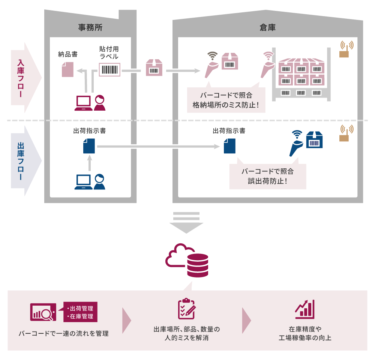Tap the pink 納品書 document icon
(67, 69)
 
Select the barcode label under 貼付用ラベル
(109, 70)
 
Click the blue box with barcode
(314, 140)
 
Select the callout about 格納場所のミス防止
(226, 100)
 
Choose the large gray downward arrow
(186, 223)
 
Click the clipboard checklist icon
(186, 309)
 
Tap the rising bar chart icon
(305, 309)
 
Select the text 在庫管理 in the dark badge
(80, 316)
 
